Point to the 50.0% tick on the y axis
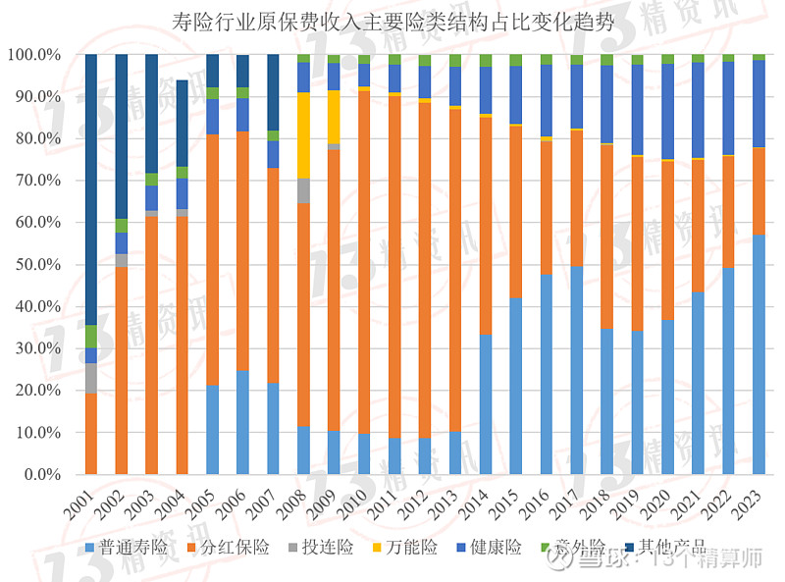pyautogui.click(x=35, y=265)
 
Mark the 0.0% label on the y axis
pyautogui.click(x=39, y=475)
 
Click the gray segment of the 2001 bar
pyautogui.click(x=91, y=378)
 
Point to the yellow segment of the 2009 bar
pyautogui.click(x=334, y=117)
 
